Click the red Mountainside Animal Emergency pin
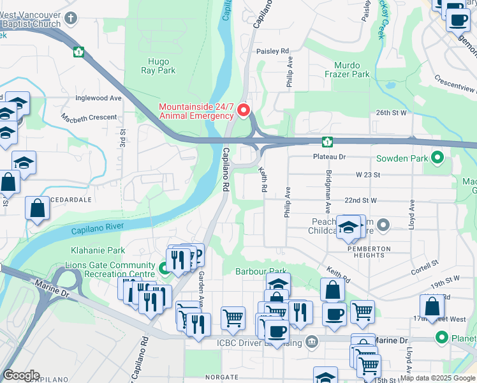tap(243, 110)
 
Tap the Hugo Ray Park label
tap(158, 66)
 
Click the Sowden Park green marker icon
tap(437, 157)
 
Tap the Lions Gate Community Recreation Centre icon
tap(164, 269)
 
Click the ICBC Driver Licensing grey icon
tap(312, 342)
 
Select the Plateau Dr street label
tap(328, 156)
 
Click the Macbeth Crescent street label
tap(89, 117)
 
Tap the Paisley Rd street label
tap(272, 50)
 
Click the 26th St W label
tap(391, 112)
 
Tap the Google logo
tap(21, 376)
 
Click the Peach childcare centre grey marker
tap(383, 225)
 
